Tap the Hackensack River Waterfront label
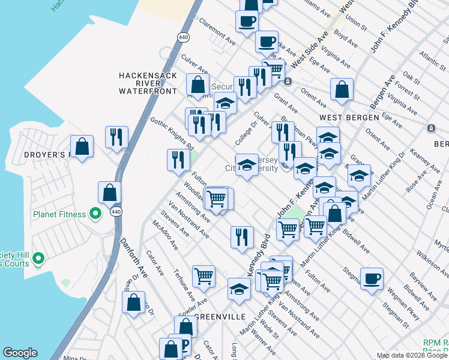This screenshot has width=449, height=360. coord(148,83)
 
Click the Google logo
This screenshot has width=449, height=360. coord(20,353)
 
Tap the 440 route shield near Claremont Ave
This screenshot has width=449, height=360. coord(182,37)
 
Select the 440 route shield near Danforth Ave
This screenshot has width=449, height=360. coord(116,212)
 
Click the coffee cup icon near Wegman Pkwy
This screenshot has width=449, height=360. coord(372,278)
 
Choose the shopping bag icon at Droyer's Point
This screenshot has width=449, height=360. coord(82,146)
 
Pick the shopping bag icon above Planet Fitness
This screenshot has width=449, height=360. coord(109,192)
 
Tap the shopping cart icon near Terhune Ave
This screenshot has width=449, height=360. coord(203,276)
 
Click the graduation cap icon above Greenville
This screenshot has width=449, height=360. coord(239,289)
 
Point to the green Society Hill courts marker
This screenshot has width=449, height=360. coord(38,259)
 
